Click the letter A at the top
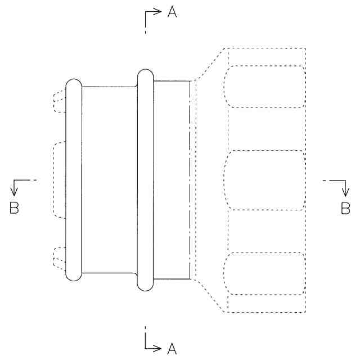tap(172, 12)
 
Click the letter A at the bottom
tap(172, 349)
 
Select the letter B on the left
tap(14, 208)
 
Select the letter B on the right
tap(345, 208)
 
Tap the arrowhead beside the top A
tap(157, 11)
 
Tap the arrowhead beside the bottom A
tap(156, 348)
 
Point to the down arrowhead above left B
tap(14, 192)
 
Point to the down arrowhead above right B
tap(345, 192)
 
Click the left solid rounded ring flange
tap(74, 180)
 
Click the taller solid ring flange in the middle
tap(145, 180)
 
